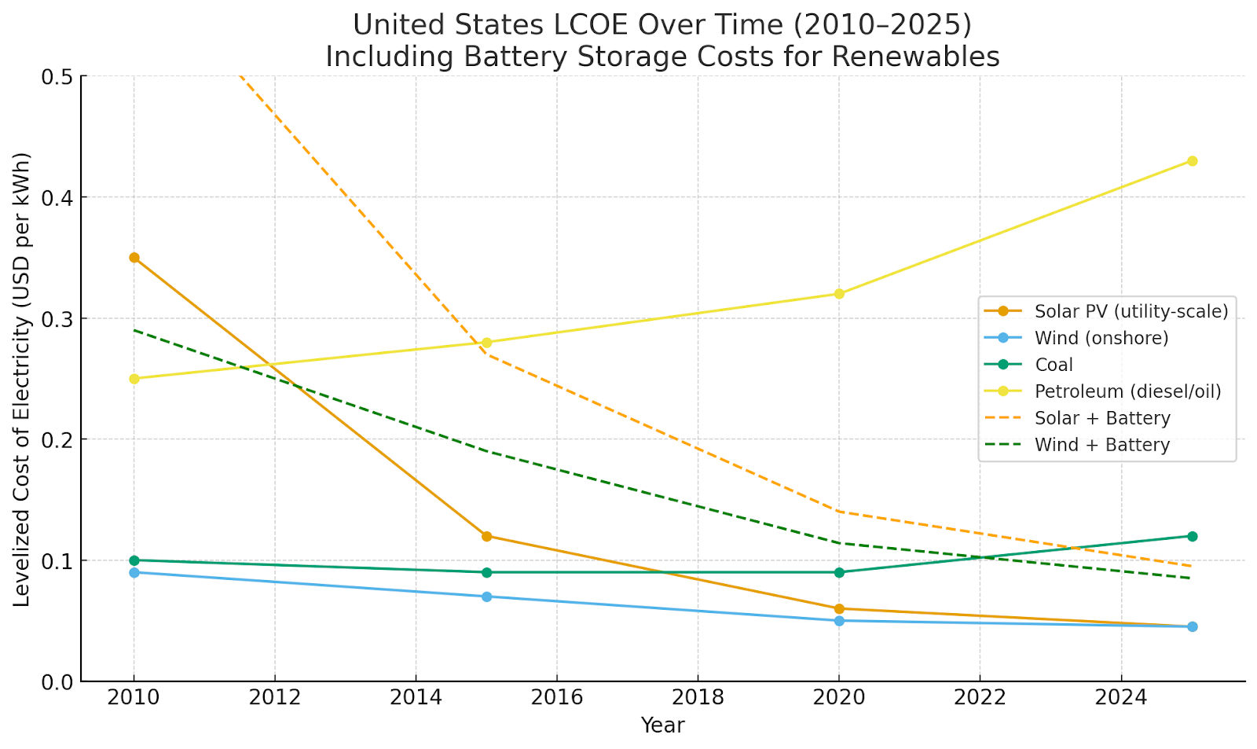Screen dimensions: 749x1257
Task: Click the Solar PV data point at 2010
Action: pos(134,258)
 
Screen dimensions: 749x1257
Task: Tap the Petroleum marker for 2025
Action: pos(1192,161)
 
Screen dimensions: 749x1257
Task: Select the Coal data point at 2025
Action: pos(1192,536)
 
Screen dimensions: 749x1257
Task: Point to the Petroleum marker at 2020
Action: pos(839,294)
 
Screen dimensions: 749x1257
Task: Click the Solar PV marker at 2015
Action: pos(486,536)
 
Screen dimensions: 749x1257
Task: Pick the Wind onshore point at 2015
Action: pos(486,597)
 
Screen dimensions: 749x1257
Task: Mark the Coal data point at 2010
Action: pos(134,560)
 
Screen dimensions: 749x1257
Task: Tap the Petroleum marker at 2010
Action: pos(134,379)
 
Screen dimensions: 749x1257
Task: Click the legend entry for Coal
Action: pos(1054,365)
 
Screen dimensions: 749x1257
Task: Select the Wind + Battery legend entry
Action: pos(1101,445)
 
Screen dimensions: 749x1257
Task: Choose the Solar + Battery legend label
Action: pos(1102,418)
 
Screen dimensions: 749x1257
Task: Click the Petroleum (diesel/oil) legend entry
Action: pos(1127,391)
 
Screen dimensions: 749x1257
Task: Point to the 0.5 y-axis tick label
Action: pos(57,77)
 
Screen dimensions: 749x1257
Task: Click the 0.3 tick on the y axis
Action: pos(57,319)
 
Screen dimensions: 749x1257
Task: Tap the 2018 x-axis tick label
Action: pos(698,697)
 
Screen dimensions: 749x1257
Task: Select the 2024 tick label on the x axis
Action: pos(1120,697)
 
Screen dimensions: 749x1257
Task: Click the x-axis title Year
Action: pos(662,725)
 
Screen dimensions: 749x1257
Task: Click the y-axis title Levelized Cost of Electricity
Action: pos(22,379)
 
